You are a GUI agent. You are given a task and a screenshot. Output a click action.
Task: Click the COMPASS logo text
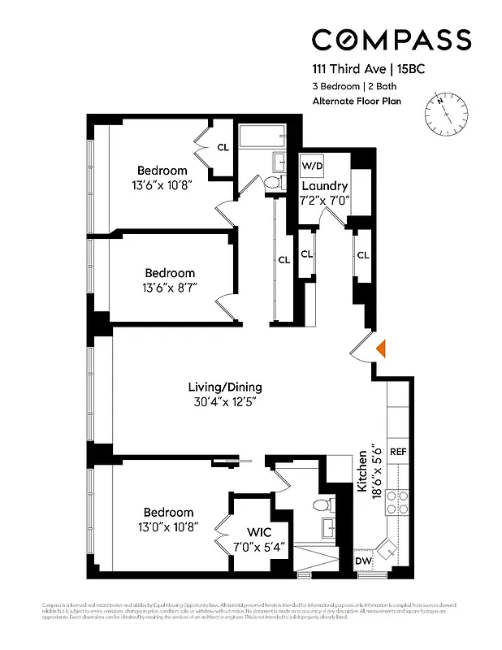(x=391, y=40)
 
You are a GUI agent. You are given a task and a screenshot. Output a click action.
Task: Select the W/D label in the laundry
(x=311, y=166)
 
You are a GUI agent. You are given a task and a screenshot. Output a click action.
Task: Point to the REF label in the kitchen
(x=398, y=451)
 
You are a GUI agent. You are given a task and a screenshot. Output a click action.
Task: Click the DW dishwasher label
(x=364, y=561)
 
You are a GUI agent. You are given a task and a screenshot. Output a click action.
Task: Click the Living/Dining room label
(x=225, y=387)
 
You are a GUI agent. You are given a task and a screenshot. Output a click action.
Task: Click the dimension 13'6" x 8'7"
(x=170, y=287)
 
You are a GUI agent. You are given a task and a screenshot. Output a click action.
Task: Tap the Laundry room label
(x=325, y=186)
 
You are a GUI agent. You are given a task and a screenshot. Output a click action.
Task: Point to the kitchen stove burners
(x=398, y=503)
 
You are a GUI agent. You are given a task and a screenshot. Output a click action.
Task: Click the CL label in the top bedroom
(x=223, y=147)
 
